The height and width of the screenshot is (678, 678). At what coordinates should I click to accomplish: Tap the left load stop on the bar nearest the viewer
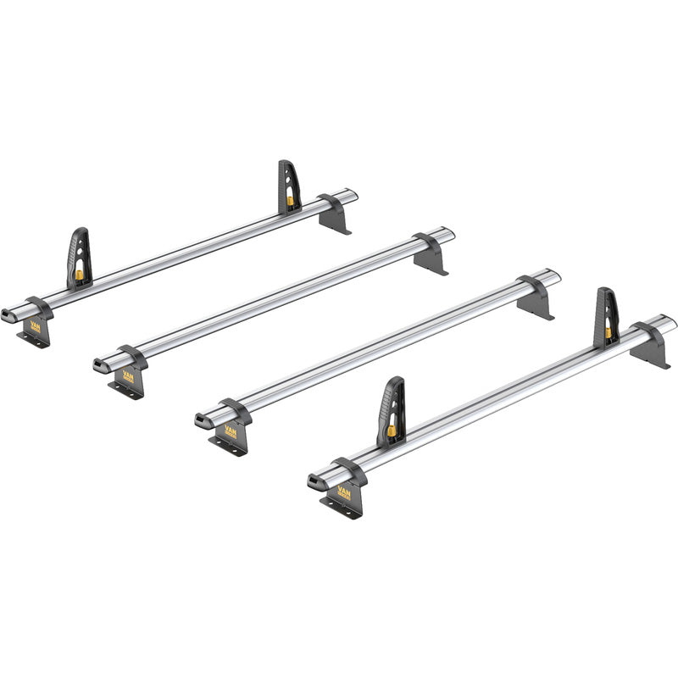[x=391, y=411]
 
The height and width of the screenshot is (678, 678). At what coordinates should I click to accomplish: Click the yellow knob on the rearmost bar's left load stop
[x=79, y=275]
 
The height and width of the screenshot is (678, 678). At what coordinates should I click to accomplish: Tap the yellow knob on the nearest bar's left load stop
[x=392, y=431]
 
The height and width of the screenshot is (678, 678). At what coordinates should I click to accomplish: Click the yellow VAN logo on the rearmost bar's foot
[x=36, y=325]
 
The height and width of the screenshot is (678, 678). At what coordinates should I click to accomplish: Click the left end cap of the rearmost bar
[x=10, y=311]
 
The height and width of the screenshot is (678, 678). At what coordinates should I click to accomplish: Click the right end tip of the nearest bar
[x=672, y=321]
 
